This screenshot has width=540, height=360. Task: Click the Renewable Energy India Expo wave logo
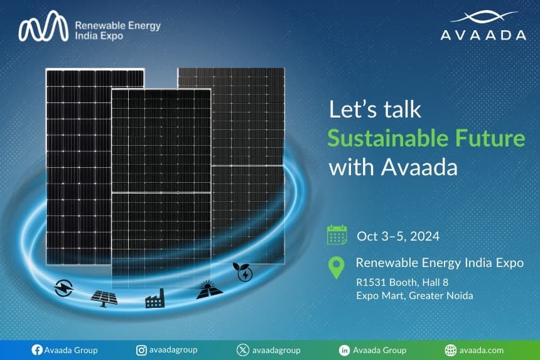[42, 27]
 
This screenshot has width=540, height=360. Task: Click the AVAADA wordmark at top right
[483, 35]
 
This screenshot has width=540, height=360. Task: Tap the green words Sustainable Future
[426, 138]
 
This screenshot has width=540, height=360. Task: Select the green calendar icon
[337, 235]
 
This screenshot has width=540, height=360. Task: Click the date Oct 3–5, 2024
[397, 236]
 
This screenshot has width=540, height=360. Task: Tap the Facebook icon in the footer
[36, 350]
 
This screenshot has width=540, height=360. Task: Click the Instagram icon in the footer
[142, 350]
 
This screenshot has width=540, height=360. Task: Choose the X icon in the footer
[242, 350]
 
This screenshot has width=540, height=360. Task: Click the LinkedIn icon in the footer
[344, 350]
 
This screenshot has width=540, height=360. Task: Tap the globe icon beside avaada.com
[450, 350]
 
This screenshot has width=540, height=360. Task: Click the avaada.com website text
[482, 350]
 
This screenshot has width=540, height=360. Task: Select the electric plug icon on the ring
[64, 288]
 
